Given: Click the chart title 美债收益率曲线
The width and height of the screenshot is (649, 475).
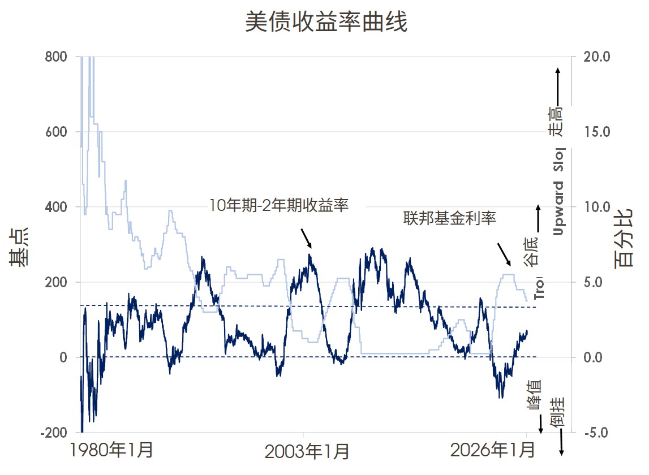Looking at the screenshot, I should pos(326,23).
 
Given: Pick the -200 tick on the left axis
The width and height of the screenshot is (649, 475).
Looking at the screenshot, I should pos(53,433).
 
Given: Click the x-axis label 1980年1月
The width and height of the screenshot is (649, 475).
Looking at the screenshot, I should pos(112,451).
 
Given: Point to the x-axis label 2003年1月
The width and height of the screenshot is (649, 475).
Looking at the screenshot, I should pos(307,452).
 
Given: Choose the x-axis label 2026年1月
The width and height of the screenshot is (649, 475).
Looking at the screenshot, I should pos(492,451).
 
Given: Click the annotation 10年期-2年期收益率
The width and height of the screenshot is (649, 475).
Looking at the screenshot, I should pos(279,205).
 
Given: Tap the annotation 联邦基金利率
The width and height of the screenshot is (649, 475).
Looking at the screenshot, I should pos(449,218).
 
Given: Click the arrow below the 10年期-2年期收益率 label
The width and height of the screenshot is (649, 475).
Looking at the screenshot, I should pos(306,238).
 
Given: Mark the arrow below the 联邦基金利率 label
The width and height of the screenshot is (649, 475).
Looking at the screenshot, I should pos(504,254).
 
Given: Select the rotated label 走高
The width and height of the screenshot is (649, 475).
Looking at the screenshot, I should pos(556,121).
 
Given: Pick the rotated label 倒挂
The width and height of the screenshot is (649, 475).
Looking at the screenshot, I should pos(558,412).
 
